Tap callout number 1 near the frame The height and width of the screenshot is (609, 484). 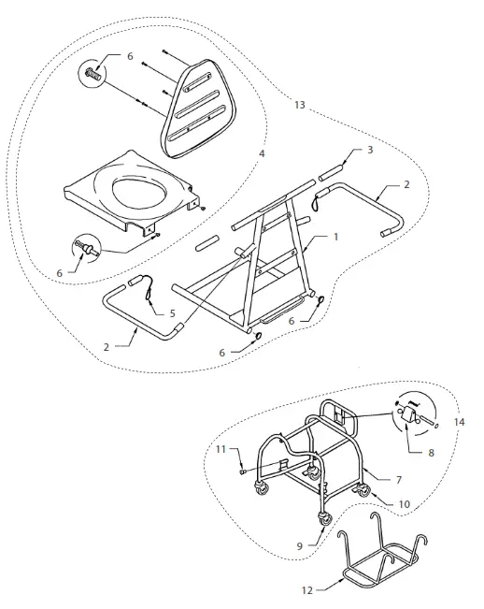coord(335,237)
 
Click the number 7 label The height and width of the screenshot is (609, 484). coord(398,479)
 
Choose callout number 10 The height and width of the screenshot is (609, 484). coord(404,504)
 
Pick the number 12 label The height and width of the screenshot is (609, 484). coord(306,591)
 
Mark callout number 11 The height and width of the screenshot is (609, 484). coord(221,450)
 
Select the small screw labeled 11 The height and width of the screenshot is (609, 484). coord(241,472)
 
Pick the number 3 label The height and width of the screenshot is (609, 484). coord(369,150)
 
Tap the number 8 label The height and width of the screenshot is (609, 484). coord(430,453)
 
